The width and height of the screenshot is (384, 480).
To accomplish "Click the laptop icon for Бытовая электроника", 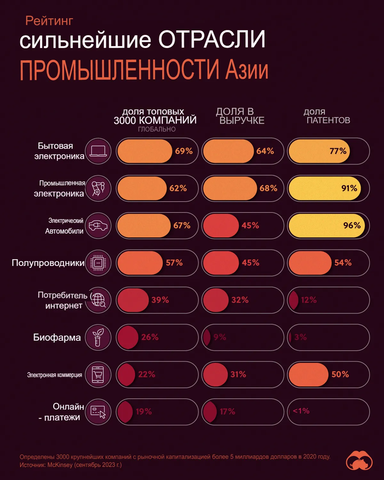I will (x=98, y=151).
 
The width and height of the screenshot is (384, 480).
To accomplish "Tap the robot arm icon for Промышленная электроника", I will (x=98, y=188).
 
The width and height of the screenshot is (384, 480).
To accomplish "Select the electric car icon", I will (x=98, y=226).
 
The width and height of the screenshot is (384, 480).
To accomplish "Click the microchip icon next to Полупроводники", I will (x=98, y=263).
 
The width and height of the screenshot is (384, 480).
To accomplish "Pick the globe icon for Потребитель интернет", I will (x=98, y=300).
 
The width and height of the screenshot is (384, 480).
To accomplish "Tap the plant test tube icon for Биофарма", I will (x=98, y=337).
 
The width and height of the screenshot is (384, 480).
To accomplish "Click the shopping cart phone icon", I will (x=98, y=374).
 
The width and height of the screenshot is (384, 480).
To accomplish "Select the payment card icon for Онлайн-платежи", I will (x=98, y=412).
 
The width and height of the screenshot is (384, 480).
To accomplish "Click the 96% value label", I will (x=352, y=226).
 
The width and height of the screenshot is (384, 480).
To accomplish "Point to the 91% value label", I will (x=349, y=188).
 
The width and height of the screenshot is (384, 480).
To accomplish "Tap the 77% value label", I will (x=338, y=151).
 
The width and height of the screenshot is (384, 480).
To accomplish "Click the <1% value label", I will (x=301, y=411).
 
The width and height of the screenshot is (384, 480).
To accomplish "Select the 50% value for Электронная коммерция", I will (x=340, y=374).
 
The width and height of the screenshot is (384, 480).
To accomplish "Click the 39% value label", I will (x=160, y=300).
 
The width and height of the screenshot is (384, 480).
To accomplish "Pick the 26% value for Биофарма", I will (x=150, y=337).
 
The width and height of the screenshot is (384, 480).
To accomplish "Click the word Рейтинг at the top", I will (x=49, y=21).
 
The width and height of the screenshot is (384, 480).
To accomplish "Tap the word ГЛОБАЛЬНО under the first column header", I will (x=157, y=129).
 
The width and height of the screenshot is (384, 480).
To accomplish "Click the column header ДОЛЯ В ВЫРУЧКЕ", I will (x=240, y=116).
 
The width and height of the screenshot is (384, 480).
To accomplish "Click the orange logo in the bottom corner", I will (x=359, y=461).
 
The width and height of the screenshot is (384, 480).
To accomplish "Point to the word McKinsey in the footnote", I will (x=60, y=465).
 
